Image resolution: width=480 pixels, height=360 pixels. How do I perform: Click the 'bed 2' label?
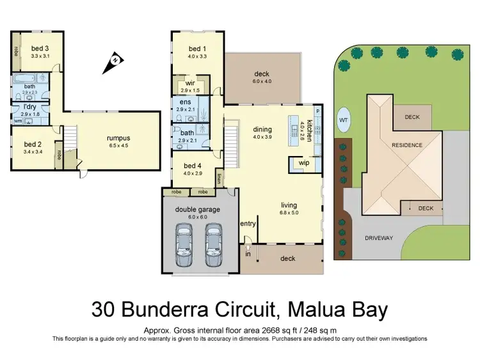pos(32,145)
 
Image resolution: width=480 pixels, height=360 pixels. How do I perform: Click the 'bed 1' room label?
pos(196,49)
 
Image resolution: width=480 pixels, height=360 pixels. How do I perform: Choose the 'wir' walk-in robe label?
pos(190,83)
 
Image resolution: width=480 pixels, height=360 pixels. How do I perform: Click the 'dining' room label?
pos(262,129)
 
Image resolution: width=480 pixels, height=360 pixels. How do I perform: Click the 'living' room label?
pos(289,205)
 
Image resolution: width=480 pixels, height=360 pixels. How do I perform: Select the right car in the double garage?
pos(214,246)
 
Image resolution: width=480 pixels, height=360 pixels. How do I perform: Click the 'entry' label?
pos(248,224)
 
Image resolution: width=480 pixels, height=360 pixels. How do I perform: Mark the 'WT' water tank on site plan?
pos(343,120)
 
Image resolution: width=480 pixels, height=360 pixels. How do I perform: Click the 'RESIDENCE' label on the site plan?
pos(408,145)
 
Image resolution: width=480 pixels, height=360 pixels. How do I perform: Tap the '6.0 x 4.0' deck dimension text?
pos(262,81)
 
